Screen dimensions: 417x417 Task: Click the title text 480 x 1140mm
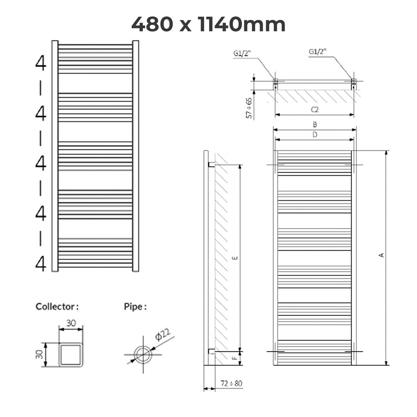[x=208, y=24]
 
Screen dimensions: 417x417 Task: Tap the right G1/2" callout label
[x=317, y=52]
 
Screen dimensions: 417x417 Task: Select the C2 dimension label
[x=314, y=109]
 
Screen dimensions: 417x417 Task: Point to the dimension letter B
[x=314, y=124]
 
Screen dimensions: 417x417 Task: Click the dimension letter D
[x=314, y=135]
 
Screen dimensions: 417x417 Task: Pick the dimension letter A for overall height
[x=382, y=255]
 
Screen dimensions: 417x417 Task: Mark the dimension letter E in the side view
[x=235, y=257]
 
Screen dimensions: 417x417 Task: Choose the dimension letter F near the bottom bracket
[x=235, y=358]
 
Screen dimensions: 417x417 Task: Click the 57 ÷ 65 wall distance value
[x=249, y=108]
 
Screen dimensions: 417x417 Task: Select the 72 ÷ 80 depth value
[x=231, y=384]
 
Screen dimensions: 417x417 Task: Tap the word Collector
[x=57, y=307]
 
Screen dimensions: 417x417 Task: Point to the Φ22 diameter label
[x=163, y=336]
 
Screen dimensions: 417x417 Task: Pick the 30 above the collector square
[x=71, y=323]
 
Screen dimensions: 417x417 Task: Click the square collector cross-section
[x=71, y=354]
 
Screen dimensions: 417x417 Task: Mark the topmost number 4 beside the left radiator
[x=41, y=64]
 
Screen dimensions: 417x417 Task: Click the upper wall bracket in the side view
[x=211, y=164]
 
